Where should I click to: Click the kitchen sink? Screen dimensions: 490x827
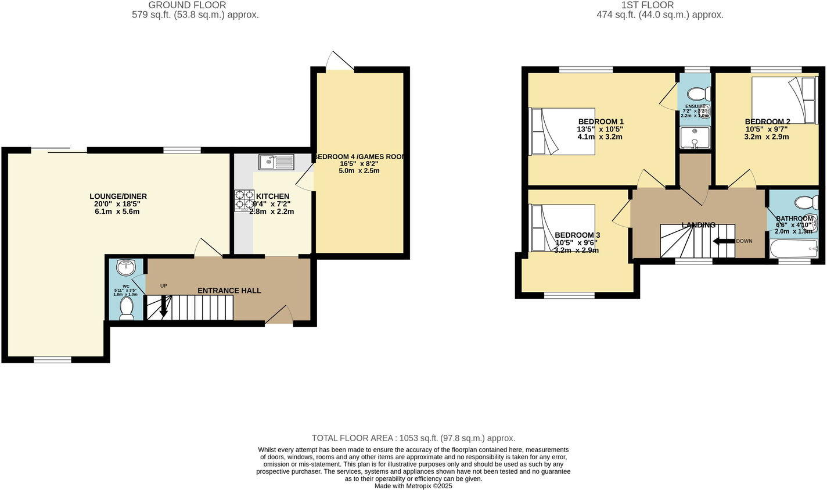pyautogui.click(x=276, y=162)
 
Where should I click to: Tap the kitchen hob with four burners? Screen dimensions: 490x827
pyautogui.click(x=244, y=201)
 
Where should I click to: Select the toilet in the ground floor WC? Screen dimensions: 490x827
pyautogui.click(x=126, y=307)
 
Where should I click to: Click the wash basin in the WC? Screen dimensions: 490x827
pyautogui.click(x=125, y=267)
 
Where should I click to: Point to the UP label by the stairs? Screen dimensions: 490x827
pyautogui.click(x=164, y=286)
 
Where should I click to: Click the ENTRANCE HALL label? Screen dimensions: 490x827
pyautogui.click(x=229, y=291)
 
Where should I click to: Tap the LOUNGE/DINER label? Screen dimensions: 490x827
pyautogui.click(x=118, y=196)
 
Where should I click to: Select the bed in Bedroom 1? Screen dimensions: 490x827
pyautogui.click(x=562, y=131)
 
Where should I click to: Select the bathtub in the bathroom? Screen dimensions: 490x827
pyautogui.click(x=793, y=249)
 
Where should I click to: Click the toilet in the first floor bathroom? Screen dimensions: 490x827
pyautogui.click(x=807, y=202)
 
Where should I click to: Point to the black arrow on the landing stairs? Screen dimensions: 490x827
pyautogui.click(x=722, y=241)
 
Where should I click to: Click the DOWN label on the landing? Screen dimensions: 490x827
pyautogui.click(x=744, y=241)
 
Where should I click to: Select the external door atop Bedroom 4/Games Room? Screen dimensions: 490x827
pyautogui.click(x=340, y=61)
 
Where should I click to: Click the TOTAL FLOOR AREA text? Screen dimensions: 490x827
pyautogui.click(x=413, y=438)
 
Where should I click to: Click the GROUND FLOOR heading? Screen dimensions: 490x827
pyautogui.click(x=187, y=5)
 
